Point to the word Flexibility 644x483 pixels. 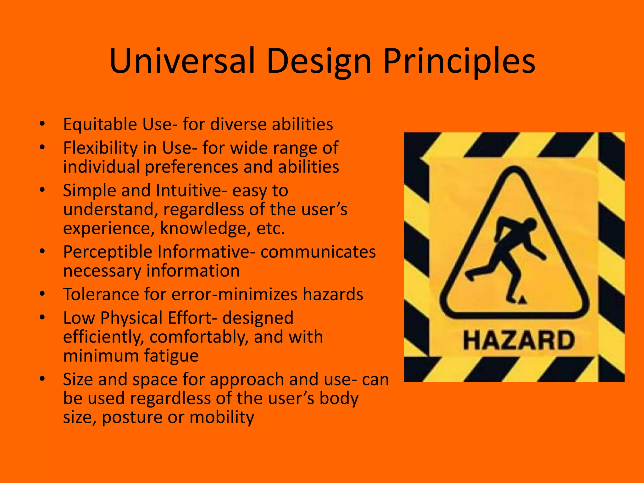[x=100, y=148]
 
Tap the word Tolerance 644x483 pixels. [x=101, y=294]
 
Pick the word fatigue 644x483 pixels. [x=171, y=356]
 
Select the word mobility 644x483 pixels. [x=222, y=418]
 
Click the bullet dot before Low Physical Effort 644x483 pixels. [x=42, y=317]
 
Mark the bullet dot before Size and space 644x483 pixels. [x=42, y=378]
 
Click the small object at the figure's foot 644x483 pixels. [x=522, y=300]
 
